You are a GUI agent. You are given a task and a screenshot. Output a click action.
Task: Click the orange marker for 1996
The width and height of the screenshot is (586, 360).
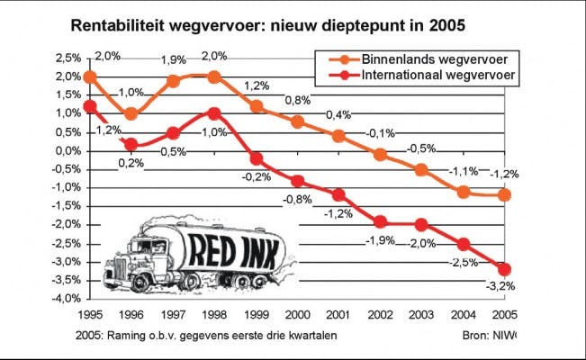[131, 113]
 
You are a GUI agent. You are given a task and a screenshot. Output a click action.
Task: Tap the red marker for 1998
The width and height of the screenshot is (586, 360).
[212, 113]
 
